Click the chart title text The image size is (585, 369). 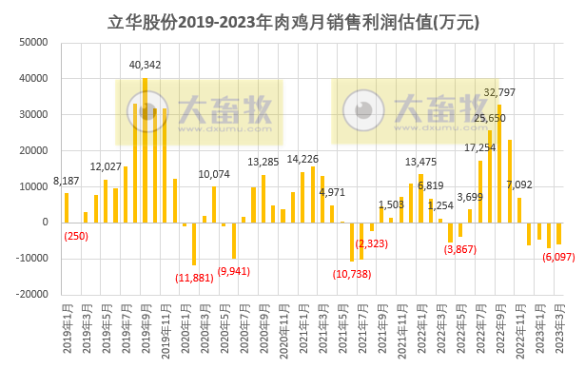(x=293, y=18)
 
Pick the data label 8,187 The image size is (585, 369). (x=67, y=180)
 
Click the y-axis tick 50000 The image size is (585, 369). (x=33, y=42)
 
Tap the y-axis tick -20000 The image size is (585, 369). (x=31, y=295)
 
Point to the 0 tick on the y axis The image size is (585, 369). (x=45, y=223)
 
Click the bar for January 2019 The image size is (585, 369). (x=67, y=207)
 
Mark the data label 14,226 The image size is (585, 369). (x=303, y=159)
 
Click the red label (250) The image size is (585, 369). (x=76, y=235)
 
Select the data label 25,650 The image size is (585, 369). (x=490, y=118)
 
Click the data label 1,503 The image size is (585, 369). (x=391, y=204)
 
